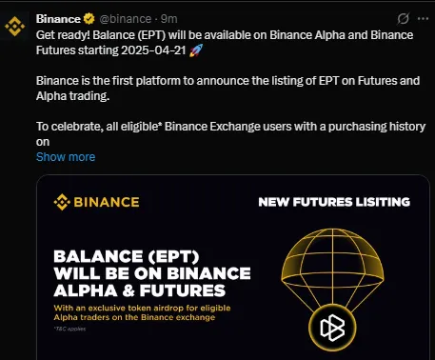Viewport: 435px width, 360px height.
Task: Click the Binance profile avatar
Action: pyautogui.click(x=17, y=26)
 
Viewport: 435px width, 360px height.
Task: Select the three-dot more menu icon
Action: pyautogui.click(x=418, y=18)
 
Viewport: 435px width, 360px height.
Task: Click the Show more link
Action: pyautogui.click(x=66, y=156)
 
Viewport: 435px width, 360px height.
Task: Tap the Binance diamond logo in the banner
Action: pyautogui.click(x=63, y=202)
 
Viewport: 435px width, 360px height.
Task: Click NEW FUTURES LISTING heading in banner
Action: pyautogui.click(x=333, y=202)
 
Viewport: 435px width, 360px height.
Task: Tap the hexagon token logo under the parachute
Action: pyautogui.click(x=331, y=329)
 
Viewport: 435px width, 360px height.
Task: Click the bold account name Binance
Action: pyautogui.click(x=58, y=18)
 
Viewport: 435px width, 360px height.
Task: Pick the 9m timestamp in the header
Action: pyautogui.click(x=168, y=18)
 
